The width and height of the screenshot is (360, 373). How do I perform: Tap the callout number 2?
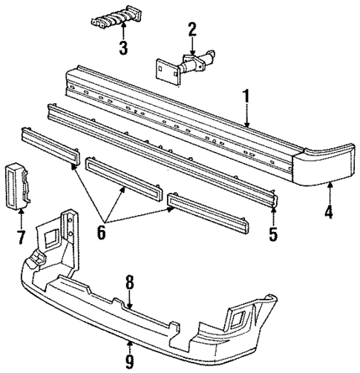tap(192, 30)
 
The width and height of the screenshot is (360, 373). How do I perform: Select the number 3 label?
tap(123, 50)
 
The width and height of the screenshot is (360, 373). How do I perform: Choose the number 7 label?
tap(20, 238)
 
